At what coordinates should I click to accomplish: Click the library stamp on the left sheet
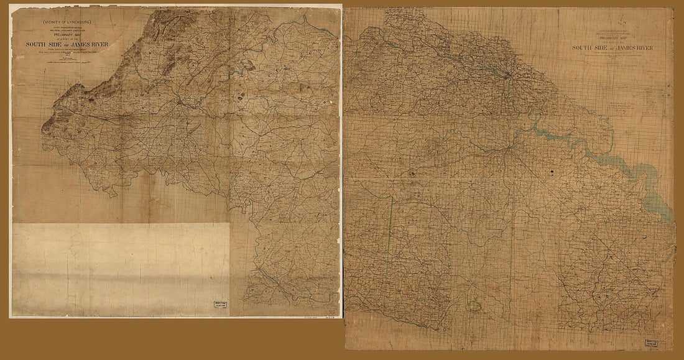pyautogui.click(x=217, y=307)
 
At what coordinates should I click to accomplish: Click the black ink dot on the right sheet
pyautogui.click(x=550, y=170)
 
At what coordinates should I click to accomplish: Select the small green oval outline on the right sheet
pyautogui.click(x=476, y=305)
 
